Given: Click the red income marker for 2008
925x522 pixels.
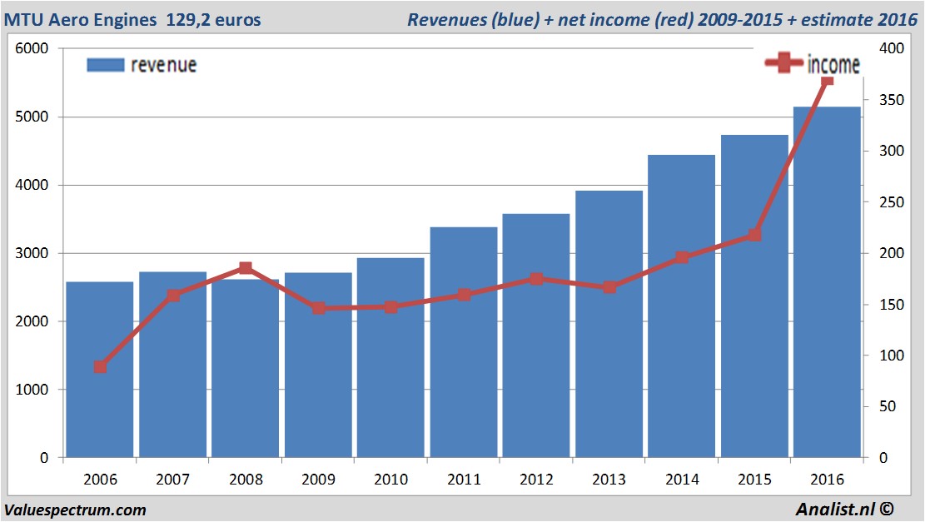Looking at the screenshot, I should coord(246,268).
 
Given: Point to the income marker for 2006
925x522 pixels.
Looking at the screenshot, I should coord(101,367).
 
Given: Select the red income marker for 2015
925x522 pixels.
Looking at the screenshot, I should coord(754,235).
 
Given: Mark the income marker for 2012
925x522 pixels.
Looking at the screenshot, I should coord(536,279).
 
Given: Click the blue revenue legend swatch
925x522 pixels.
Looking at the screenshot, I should coord(105,65).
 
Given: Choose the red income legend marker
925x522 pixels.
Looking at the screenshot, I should coord(783,63).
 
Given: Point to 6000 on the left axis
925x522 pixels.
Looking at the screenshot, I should coord(33,49).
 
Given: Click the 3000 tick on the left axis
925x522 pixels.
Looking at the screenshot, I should coord(33,253).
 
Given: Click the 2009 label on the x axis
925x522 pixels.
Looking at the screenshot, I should coord(318,480).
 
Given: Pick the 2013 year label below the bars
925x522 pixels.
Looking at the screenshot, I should coord(609,480).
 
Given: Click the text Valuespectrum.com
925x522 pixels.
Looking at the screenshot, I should coord(75,510).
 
